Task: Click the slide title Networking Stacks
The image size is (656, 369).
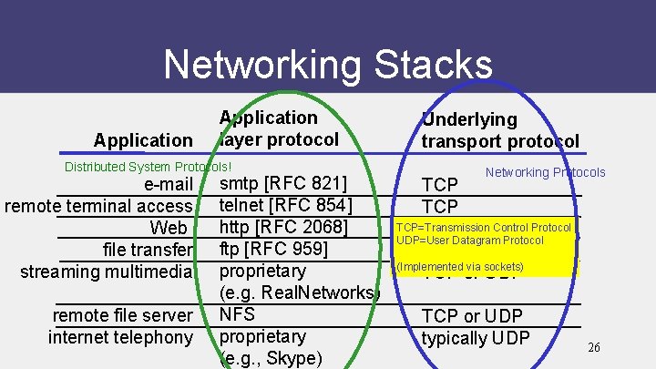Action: point(328,65)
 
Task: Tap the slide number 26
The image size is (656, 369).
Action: point(594,347)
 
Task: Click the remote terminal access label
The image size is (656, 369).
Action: point(98,207)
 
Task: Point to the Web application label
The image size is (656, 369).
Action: point(169,228)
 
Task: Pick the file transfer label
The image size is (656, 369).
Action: point(149,249)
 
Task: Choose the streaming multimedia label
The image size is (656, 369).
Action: point(107,271)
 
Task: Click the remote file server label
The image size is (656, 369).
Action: point(123,315)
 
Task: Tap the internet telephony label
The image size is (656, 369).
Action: point(120,337)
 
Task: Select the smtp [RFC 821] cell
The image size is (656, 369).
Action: point(285,185)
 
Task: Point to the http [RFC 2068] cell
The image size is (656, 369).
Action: point(285,226)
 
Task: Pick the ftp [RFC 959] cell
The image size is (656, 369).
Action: point(273,248)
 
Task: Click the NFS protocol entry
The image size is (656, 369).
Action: point(238,314)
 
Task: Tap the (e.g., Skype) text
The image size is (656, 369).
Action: point(272,358)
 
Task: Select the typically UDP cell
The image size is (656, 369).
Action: point(476,339)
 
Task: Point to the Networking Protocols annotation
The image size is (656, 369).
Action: point(545,172)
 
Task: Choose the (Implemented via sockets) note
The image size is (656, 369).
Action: point(460,266)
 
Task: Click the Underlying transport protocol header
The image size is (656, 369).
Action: point(499,130)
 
